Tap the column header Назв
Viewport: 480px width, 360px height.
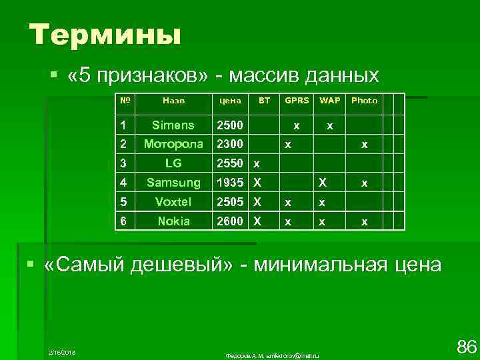(x=173, y=101)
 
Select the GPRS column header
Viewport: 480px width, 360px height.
(x=297, y=101)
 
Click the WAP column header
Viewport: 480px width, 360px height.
(x=329, y=101)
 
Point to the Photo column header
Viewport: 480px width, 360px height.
(x=364, y=101)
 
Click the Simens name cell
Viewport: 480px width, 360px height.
(x=173, y=125)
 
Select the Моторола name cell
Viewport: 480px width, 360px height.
(x=173, y=143)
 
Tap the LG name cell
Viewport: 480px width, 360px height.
(x=173, y=163)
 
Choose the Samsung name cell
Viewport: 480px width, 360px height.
(x=173, y=182)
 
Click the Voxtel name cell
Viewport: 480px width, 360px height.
(x=173, y=201)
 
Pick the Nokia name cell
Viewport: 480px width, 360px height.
(x=173, y=221)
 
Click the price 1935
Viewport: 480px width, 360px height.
(x=229, y=182)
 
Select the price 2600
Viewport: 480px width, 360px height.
(x=229, y=221)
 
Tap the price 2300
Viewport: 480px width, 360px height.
(x=229, y=143)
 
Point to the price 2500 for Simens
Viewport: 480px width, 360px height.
(x=229, y=125)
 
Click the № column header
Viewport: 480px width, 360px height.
(x=124, y=101)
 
